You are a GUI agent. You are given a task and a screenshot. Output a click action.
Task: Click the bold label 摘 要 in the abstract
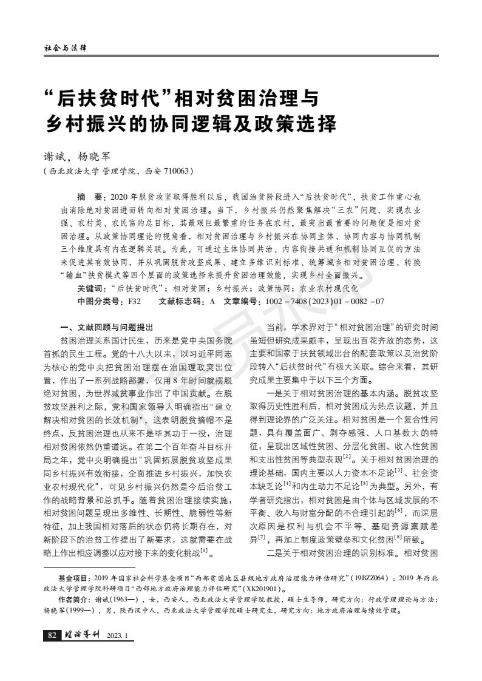pos(91,198)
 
